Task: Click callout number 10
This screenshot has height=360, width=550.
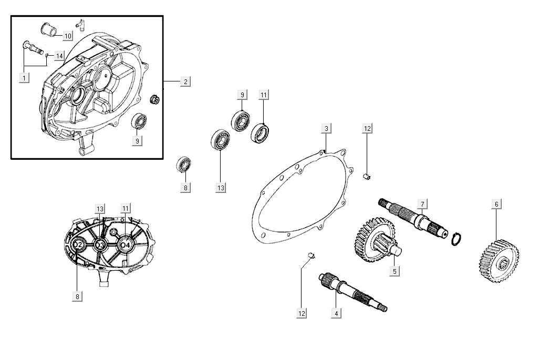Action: coord(68,36)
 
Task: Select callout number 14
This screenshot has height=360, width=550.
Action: coord(59,56)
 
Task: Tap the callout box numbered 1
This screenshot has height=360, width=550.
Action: coord(23,78)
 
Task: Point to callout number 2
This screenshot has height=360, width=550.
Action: coord(185,81)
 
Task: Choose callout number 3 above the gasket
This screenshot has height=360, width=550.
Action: coord(326,129)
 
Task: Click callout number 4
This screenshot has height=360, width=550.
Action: coord(336,313)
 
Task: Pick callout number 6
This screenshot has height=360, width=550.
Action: coord(496,203)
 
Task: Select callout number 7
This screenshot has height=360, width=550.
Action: coord(421,203)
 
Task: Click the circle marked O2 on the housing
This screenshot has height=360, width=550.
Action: coord(79,245)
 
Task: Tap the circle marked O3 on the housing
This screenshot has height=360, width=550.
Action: coord(101,245)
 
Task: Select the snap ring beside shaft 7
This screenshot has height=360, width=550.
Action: coord(456,239)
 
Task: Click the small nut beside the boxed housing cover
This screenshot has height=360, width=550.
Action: coord(154,99)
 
